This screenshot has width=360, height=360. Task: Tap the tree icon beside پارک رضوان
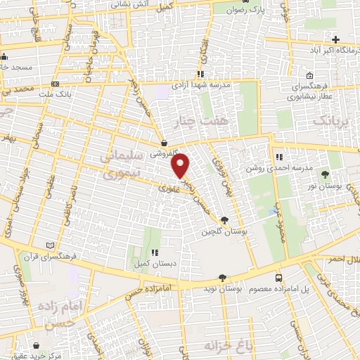point(233,10)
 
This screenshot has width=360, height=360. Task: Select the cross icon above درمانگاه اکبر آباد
point(336,39)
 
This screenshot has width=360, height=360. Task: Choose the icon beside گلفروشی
point(163,141)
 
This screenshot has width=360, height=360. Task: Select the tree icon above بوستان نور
point(324,174)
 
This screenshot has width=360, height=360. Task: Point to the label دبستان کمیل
point(152,265)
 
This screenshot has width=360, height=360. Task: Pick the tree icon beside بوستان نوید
point(223,278)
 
